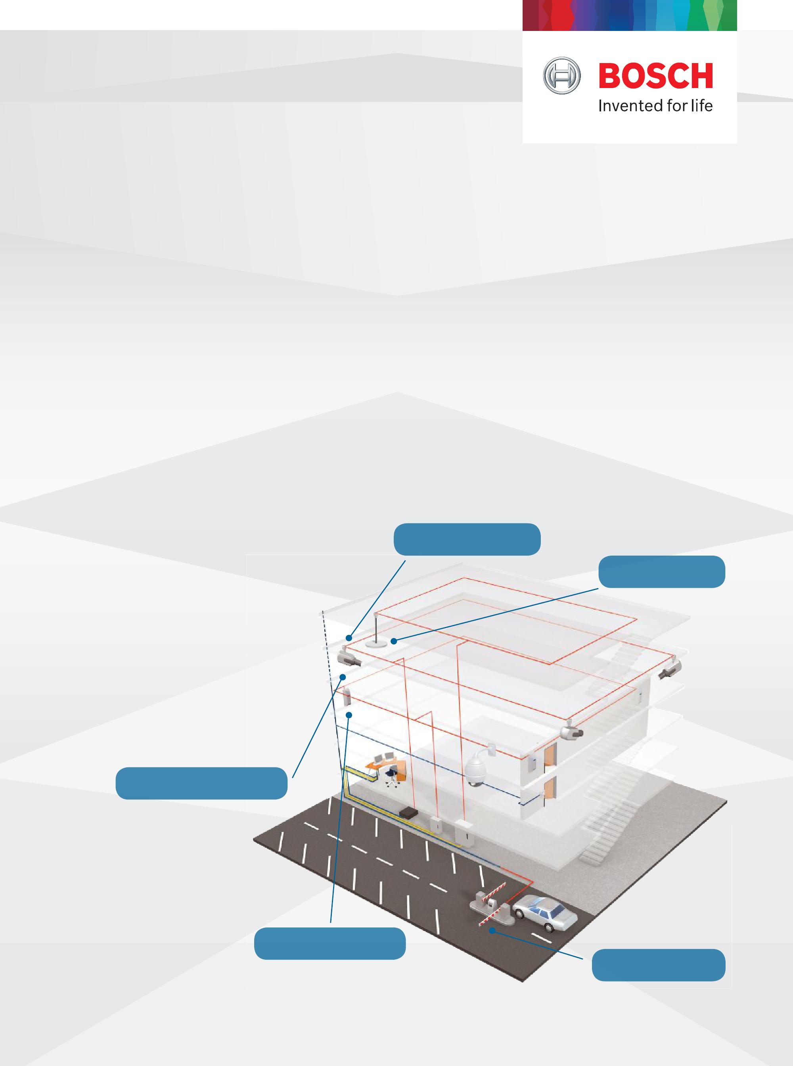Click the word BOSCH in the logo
click(x=655, y=77)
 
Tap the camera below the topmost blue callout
click(x=349, y=658)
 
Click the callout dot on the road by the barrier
click(x=492, y=930)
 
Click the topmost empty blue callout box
click(x=467, y=539)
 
